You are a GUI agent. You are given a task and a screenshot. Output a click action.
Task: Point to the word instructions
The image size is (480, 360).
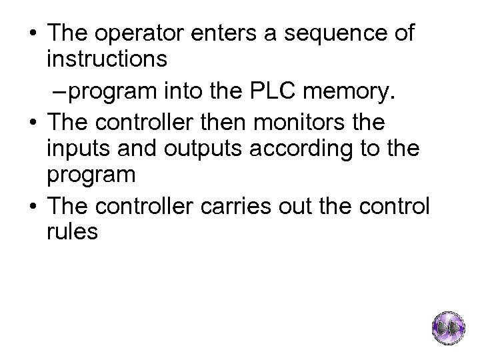pyautogui.click(x=107, y=61)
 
